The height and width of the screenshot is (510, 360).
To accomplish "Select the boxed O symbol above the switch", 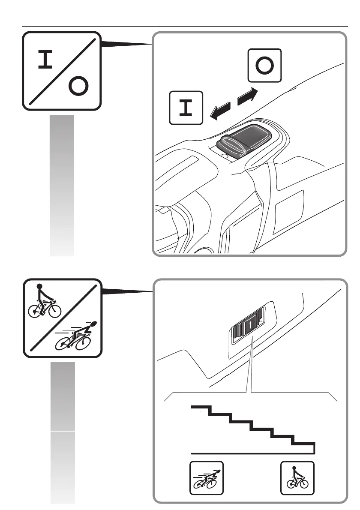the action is (264, 65).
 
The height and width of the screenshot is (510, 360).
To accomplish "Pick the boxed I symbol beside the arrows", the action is (186, 108).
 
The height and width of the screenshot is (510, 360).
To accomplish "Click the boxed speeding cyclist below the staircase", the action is (207, 478).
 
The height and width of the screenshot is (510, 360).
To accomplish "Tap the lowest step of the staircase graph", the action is (304, 443).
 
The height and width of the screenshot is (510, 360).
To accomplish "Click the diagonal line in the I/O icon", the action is (62, 70).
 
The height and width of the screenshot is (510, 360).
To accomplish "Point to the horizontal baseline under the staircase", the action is (253, 453).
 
